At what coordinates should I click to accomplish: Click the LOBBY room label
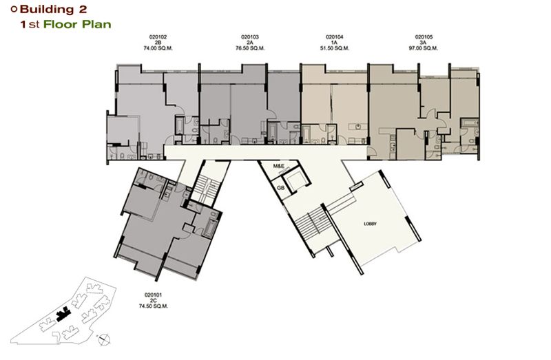370,224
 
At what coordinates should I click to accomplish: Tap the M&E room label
279,166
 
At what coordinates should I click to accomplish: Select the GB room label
280,188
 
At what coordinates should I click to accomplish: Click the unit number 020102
158,37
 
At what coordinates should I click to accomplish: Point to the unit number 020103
250,37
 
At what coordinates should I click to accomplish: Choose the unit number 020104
335,37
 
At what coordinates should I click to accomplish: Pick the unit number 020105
424,37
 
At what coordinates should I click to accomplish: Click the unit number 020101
153,295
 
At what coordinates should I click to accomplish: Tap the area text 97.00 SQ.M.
424,48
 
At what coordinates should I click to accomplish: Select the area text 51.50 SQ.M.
335,48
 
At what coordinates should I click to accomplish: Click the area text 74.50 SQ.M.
153,306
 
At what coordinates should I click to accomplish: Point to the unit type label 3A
424,43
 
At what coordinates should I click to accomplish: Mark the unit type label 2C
153,301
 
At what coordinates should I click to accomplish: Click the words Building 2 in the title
54,10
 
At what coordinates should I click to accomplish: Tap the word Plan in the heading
96,25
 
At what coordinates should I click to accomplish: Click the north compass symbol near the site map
104,339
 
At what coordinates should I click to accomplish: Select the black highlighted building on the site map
63,314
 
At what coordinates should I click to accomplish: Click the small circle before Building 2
14,10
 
